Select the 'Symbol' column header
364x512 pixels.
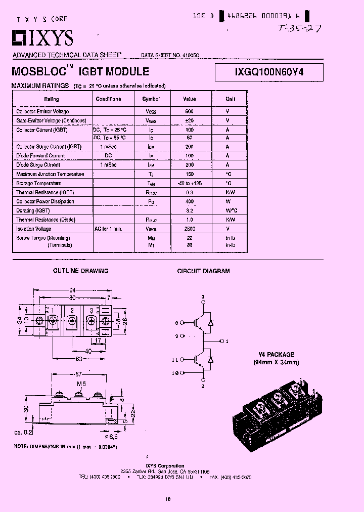pyautogui.click(x=151, y=99)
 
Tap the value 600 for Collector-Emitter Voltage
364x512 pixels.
pyautogui.click(x=189, y=111)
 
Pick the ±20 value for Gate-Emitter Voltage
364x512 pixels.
pyautogui.click(x=189, y=121)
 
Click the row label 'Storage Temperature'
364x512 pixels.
pyautogui.click(x=39, y=183)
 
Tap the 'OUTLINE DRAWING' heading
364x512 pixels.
pyautogui.click(x=81, y=271)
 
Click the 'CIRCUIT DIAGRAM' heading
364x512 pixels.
pyautogui.click(x=203, y=271)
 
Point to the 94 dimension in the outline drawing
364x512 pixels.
pyautogui.click(x=72, y=290)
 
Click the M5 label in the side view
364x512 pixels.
pyautogui.click(x=80, y=384)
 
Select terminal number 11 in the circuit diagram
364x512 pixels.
pyautogui.click(x=175, y=360)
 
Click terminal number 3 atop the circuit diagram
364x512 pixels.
pyautogui.click(x=203, y=296)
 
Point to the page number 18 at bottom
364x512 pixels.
pyautogui.click(x=167, y=499)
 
